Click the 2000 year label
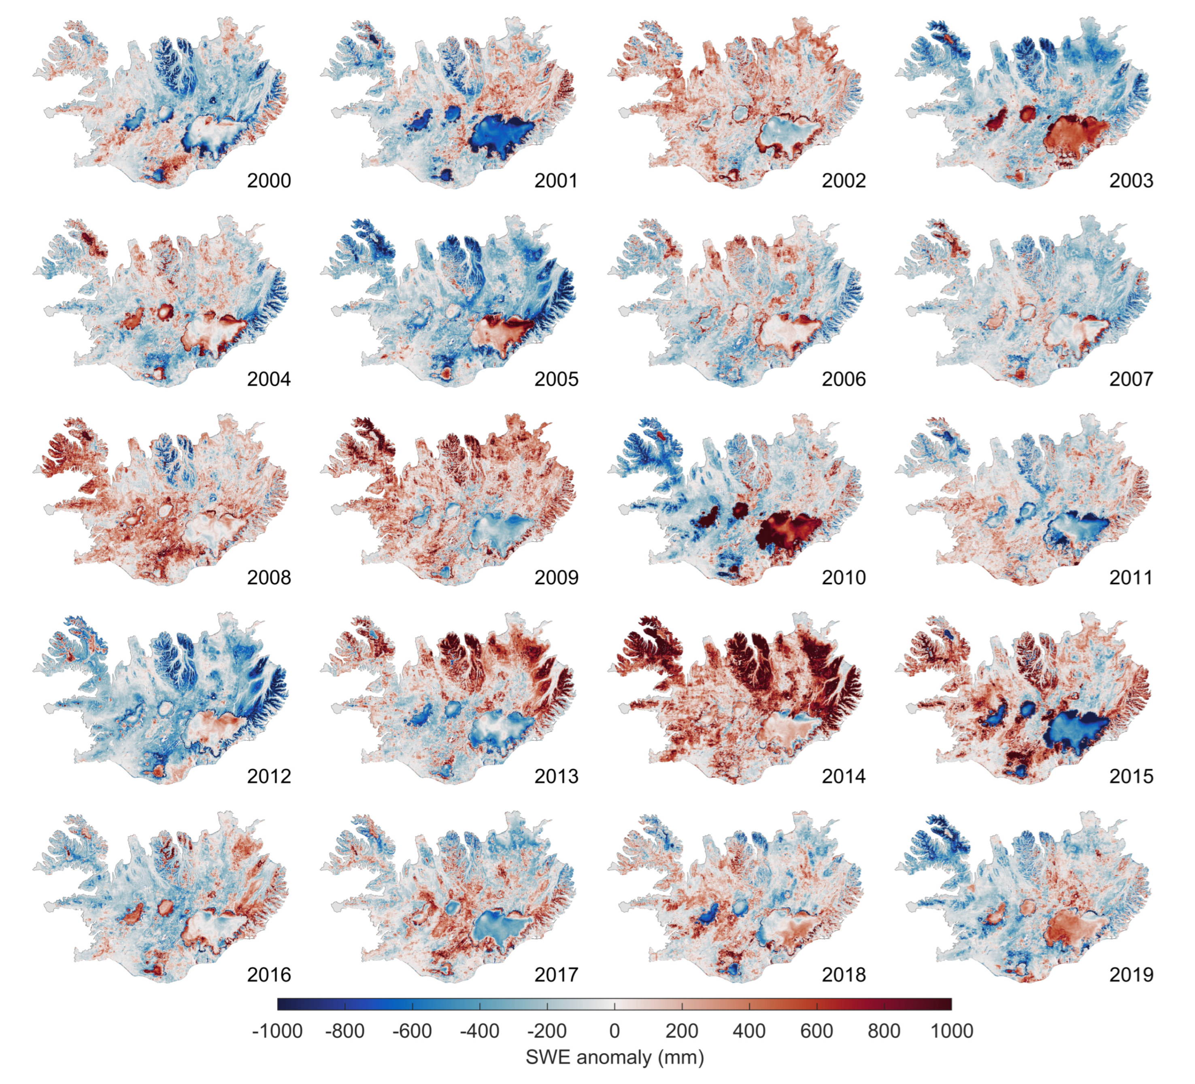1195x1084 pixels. tap(268, 180)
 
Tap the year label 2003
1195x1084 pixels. tap(1131, 180)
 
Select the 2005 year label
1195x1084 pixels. tap(556, 379)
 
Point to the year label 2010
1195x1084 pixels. tap(844, 577)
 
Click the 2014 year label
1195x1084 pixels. tap(844, 776)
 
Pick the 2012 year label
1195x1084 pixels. tap(268, 776)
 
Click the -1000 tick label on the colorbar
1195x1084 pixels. tap(277, 1031)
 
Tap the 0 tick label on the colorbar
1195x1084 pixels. tap(614, 1031)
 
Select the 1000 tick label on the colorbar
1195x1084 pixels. tap(951, 1031)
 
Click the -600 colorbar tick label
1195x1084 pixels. tap(412, 1031)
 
